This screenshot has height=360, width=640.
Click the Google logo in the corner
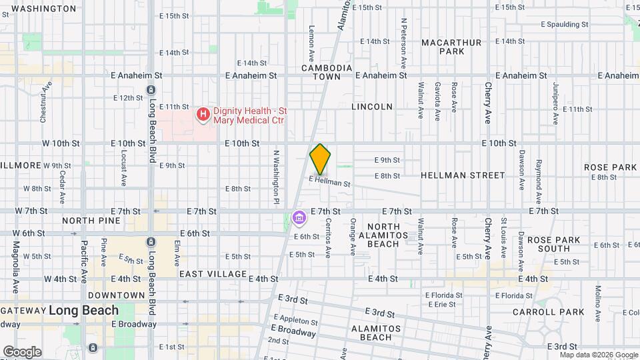click(22, 352)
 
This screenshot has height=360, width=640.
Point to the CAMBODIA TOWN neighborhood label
click(326, 72)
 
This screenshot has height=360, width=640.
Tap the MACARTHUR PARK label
click(451, 47)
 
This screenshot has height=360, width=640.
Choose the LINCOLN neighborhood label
click(371, 107)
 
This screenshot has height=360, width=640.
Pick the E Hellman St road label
click(329, 181)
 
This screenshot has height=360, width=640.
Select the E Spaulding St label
click(564, 24)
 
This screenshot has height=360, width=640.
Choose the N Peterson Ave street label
click(404, 39)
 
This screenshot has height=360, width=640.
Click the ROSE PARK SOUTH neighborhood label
click(549, 243)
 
